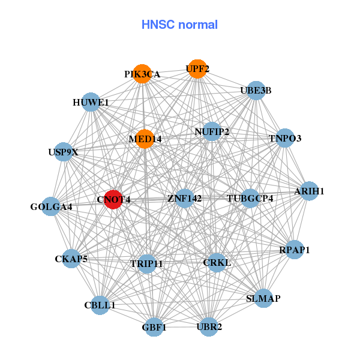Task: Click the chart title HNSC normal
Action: coord(179,25)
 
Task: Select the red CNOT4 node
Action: coord(113,199)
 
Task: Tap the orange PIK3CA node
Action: coord(142,74)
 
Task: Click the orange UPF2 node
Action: coord(197,68)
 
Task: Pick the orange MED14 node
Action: coord(145,139)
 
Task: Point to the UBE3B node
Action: coord(256,90)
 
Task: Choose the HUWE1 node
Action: coord(91,102)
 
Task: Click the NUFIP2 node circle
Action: coord(212,131)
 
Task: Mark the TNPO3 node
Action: coord(285,138)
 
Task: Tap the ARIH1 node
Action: coord(309,191)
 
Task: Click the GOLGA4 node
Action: coord(51,206)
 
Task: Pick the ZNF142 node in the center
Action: coord(184,198)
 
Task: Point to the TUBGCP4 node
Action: coord(250,198)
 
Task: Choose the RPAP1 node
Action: coord(294,249)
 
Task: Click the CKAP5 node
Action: coord(71,259)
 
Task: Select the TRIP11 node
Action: coord(146,263)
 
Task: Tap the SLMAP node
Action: coord(263,298)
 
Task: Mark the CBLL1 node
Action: coord(100,305)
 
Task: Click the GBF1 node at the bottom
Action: coord(154,327)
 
